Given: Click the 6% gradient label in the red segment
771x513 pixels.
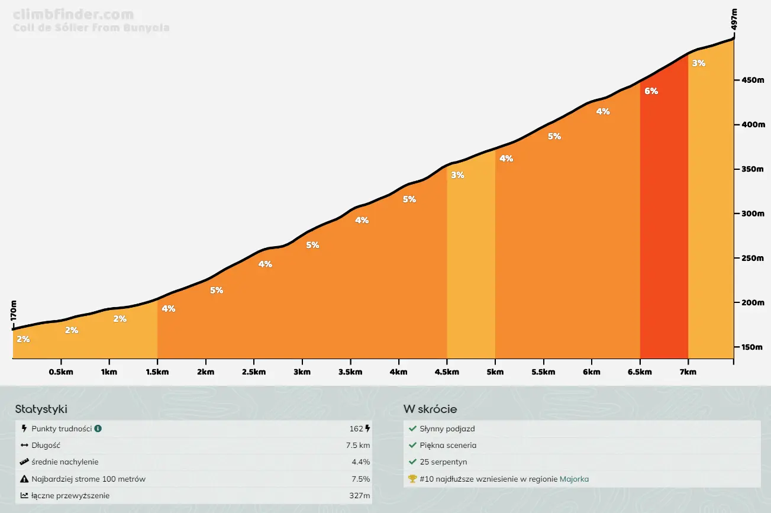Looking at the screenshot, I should [x=651, y=91].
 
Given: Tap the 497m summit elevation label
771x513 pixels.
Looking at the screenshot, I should [x=734, y=19].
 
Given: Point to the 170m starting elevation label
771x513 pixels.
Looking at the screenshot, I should [x=14, y=311].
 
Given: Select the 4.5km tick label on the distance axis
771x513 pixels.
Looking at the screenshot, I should [x=447, y=372].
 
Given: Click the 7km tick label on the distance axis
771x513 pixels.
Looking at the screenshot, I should [x=688, y=372].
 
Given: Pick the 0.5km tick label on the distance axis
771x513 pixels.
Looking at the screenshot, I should [x=61, y=372].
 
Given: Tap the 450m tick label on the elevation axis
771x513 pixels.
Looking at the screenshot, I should [x=752, y=80].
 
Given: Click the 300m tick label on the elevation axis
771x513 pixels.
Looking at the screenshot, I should [x=752, y=214].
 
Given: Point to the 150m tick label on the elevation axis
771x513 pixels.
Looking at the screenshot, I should [x=752, y=347].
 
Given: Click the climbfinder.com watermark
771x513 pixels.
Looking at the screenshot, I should [x=73, y=15].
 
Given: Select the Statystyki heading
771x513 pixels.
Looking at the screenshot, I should [x=41, y=409].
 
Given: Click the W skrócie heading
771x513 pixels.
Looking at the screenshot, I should [x=430, y=409].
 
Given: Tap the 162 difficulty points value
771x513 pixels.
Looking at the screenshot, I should [x=356, y=429].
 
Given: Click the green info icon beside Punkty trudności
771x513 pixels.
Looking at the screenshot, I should [x=98, y=428].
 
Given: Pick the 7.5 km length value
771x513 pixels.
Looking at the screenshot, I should [x=358, y=446].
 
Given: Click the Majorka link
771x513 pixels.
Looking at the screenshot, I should [x=574, y=479].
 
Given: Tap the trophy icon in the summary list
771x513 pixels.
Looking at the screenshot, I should [x=412, y=479].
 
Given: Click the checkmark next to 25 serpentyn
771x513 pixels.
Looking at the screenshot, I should [x=412, y=462].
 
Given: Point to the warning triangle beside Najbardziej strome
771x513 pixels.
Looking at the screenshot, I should [x=24, y=479].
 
